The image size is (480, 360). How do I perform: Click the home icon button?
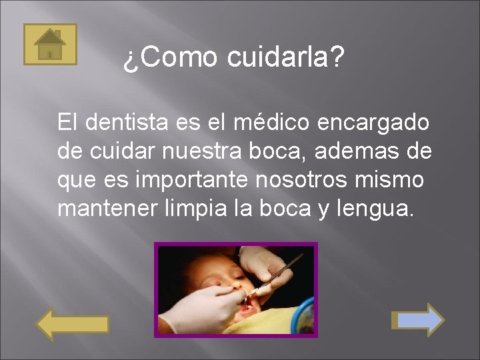[x=50, y=44]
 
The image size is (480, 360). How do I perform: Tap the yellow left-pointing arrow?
[x=71, y=323]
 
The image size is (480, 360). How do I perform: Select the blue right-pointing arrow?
[x=417, y=320]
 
